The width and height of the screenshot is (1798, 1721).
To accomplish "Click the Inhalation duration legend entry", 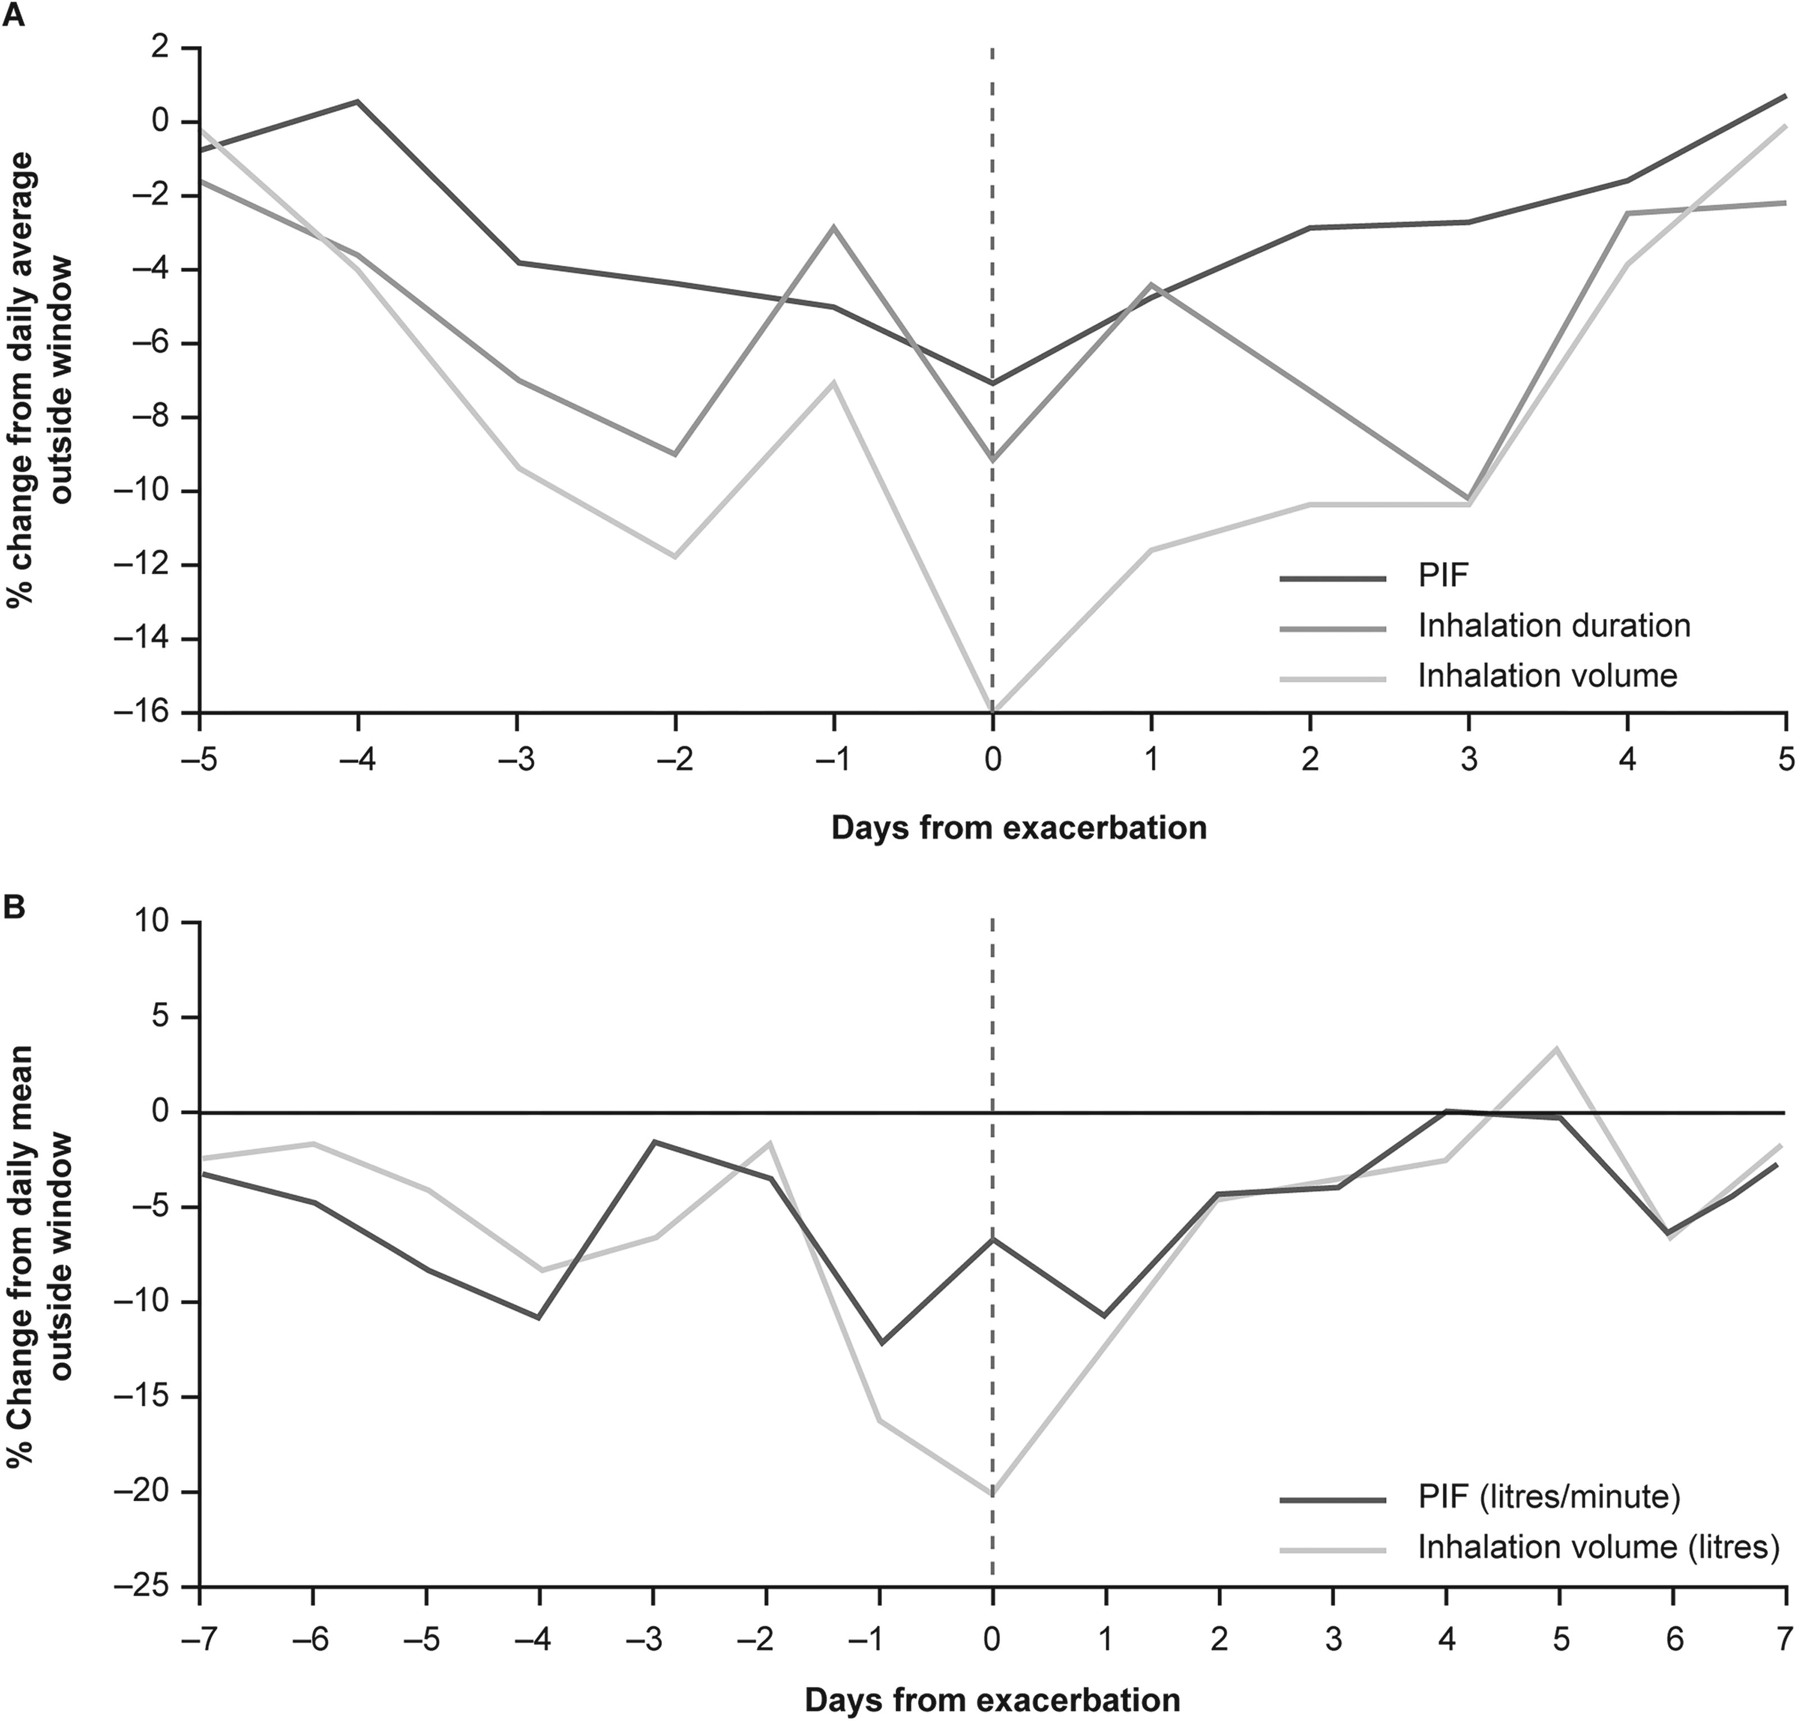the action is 1554,626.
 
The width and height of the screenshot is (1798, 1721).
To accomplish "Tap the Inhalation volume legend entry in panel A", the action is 1547,675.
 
